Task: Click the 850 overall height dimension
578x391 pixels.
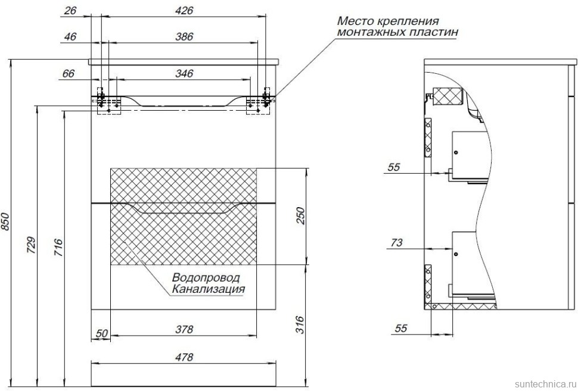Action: pyautogui.click(x=7, y=222)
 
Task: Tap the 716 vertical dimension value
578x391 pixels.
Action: pyautogui.click(x=58, y=246)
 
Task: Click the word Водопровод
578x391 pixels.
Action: pyautogui.click(x=206, y=278)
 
